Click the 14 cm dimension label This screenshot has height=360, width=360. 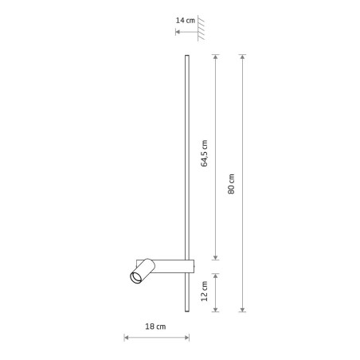tap(186, 21)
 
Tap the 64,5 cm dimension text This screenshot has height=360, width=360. tap(204, 153)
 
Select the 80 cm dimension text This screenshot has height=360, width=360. tap(231, 184)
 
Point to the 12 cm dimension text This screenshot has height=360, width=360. tap(204, 292)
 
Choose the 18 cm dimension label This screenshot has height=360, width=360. tap(155, 327)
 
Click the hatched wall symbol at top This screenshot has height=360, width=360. tap(201, 28)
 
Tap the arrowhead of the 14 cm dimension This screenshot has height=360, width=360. tap(178, 32)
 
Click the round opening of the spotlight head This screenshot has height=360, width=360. tap(136, 277)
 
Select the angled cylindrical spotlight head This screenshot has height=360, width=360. tap(143, 271)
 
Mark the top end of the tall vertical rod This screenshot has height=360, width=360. tap(187, 56)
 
